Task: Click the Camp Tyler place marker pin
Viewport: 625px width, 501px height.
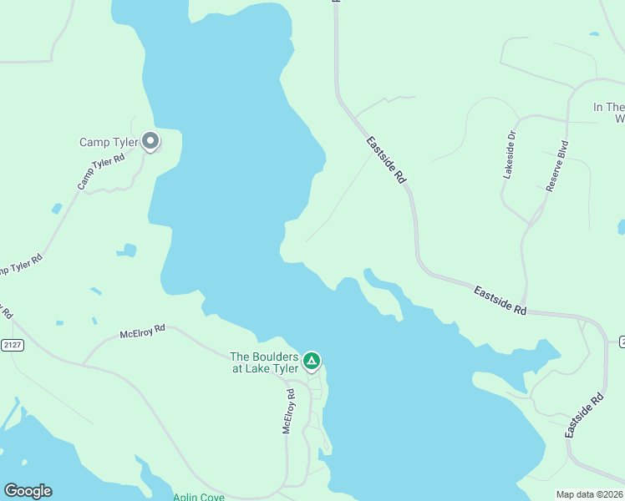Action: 150,141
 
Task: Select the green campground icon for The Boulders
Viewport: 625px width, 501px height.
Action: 311,361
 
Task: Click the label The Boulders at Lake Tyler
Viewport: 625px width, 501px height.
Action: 264,362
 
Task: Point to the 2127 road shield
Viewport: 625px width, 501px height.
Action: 13,344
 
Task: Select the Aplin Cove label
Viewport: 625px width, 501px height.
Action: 198,497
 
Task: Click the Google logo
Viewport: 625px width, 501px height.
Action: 28,491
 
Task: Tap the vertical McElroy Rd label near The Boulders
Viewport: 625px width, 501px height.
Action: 288,411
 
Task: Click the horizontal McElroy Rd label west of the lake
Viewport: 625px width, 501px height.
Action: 143,331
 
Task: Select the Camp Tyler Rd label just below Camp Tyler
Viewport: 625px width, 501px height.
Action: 101,170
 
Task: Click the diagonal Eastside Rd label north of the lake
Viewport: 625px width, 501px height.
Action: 386,160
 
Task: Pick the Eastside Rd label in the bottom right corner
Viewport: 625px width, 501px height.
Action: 583,416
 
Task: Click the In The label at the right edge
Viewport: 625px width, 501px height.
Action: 608,107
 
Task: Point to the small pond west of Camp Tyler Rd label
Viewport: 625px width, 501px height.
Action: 56,208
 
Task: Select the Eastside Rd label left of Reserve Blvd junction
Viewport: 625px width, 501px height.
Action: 500,301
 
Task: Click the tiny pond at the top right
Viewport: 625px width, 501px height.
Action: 594,34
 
